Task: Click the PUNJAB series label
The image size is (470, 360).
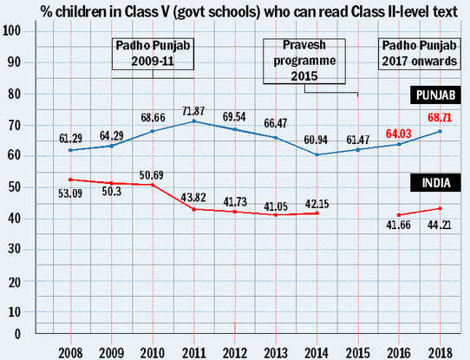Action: pyautogui.click(x=435, y=95)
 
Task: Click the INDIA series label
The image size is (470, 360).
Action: pyautogui.click(x=435, y=182)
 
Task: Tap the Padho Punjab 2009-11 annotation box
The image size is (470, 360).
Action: pyautogui.click(x=153, y=54)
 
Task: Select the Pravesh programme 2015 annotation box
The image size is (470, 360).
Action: pyautogui.click(x=304, y=61)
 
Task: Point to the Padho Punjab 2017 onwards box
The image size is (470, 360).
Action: pyautogui.click(x=420, y=54)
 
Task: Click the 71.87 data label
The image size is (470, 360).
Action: pyautogui.click(x=193, y=111)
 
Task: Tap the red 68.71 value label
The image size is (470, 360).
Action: pyautogui.click(x=440, y=117)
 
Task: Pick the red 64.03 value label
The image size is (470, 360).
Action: pyautogui.click(x=398, y=134)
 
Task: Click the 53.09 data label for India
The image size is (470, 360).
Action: pyautogui.click(x=70, y=193)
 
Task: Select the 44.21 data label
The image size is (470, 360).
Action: pyautogui.click(x=440, y=225)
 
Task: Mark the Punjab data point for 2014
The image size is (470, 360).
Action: pyautogui.click(x=317, y=154)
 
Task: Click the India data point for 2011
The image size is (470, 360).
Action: pyautogui.click(x=194, y=209)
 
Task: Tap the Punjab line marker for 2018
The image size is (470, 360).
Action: pyautogui.click(x=440, y=131)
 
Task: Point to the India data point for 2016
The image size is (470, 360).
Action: pyautogui.click(x=399, y=215)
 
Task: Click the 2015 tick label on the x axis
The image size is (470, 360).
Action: pyautogui.click(x=358, y=353)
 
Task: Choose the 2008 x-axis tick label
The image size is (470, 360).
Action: pyautogui.click(x=70, y=353)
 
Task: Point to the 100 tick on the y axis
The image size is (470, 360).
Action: pyautogui.click(x=11, y=30)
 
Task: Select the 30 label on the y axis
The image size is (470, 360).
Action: pyautogui.click(x=14, y=249)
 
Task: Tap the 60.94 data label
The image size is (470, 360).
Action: pyautogui.click(x=316, y=140)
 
